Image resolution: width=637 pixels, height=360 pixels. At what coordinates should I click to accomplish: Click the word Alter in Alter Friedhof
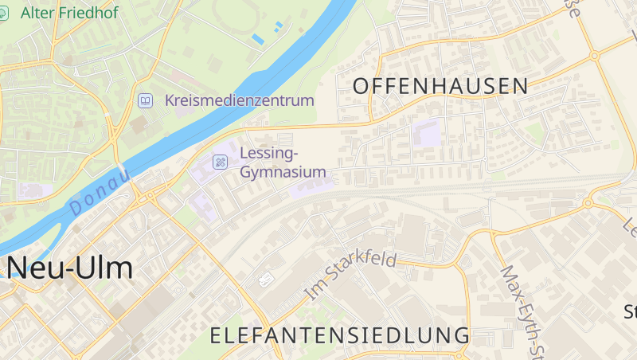(35, 13)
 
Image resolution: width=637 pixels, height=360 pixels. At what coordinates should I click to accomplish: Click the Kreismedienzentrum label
(240, 101)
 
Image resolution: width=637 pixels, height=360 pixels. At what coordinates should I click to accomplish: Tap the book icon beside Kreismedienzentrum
(145, 100)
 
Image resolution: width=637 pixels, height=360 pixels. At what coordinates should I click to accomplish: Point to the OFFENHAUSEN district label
(440, 86)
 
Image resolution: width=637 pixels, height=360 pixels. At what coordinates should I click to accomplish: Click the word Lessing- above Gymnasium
(268, 153)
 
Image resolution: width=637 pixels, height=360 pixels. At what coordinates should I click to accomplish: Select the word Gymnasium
(283, 172)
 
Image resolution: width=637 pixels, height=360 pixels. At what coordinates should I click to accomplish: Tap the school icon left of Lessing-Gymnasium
(220, 162)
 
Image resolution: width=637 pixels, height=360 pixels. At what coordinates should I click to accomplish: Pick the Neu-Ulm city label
(70, 268)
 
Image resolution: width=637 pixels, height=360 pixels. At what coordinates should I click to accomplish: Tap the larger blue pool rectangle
(257, 38)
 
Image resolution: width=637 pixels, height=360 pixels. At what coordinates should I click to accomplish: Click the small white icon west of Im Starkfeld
(266, 280)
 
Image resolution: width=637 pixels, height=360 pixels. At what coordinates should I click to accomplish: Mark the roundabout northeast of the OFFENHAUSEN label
(594, 56)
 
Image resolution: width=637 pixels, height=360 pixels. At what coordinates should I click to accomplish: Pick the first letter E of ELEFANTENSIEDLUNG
(216, 335)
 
